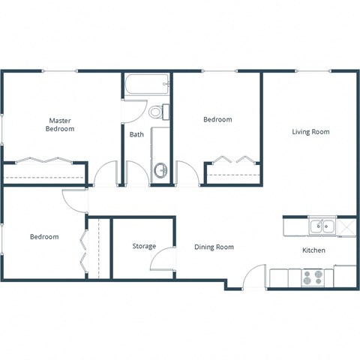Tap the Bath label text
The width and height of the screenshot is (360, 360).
click(x=136, y=135)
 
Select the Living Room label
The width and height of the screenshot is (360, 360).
click(x=310, y=132)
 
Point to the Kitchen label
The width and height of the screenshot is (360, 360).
click(x=313, y=250)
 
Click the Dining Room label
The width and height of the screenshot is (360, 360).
click(x=214, y=247)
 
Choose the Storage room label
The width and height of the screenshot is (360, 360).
click(x=144, y=246)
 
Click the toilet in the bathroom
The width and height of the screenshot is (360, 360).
click(x=158, y=112)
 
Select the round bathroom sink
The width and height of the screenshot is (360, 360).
click(x=160, y=170)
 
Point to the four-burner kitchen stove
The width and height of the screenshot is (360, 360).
click(x=313, y=277)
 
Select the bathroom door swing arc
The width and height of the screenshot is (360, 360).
click(x=135, y=111)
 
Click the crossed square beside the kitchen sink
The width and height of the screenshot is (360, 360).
click(x=346, y=225)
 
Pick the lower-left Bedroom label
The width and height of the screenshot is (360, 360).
click(x=44, y=237)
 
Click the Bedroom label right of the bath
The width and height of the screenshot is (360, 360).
click(x=217, y=119)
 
